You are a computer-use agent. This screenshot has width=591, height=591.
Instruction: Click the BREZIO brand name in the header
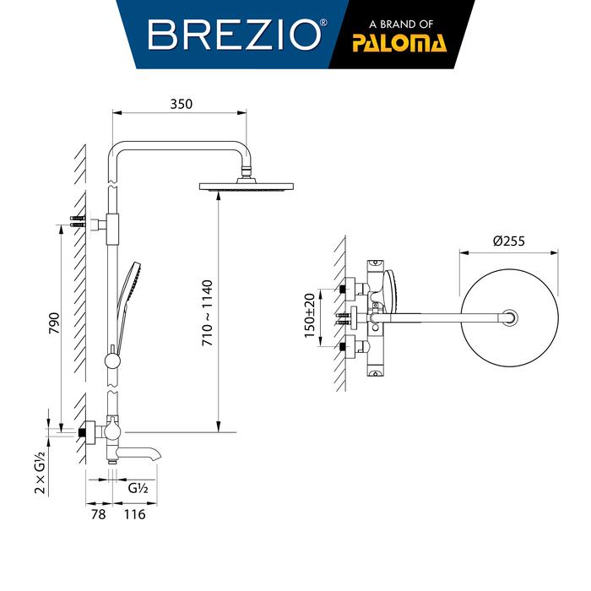click(x=234, y=35)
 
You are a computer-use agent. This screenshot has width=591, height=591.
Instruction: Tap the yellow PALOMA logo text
click(x=399, y=43)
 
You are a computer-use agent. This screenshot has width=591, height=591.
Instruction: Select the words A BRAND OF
click(x=401, y=24)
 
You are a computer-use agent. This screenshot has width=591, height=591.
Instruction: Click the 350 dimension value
click(x=181, y=104)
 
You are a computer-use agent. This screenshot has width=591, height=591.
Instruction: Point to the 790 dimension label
click(x=55, y=323)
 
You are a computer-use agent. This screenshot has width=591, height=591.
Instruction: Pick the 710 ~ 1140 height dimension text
click(x=208, y=313)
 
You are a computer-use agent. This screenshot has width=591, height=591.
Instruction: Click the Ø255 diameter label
click(x=509, y=241)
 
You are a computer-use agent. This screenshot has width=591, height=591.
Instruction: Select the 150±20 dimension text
click(x=310, y=316)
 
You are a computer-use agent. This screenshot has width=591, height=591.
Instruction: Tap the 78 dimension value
click(x=99, y=514)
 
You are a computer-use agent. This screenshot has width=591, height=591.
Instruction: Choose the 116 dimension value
click(x=134, y=514)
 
